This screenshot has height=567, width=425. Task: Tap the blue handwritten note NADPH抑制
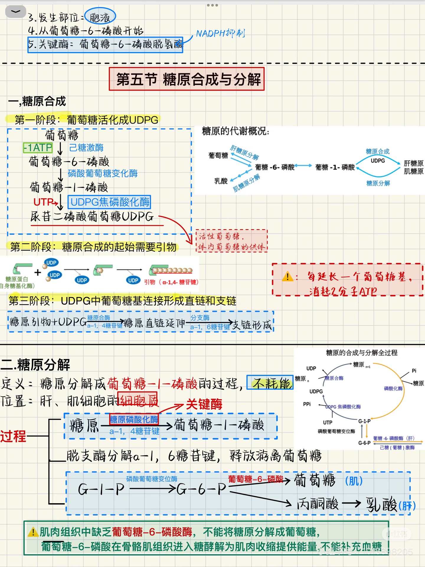click(x=220, y=33)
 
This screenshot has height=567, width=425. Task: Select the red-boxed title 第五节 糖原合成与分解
click(x=187, y=79)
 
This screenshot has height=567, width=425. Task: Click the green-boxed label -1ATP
click(x=38, y=148)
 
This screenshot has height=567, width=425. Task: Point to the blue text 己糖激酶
click(x=86, y=148)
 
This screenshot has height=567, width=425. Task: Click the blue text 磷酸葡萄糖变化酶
click(x=102, y=173)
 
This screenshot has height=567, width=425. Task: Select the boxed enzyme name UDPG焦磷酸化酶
click(x=109, y=202)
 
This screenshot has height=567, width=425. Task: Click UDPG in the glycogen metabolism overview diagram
click(x=377, y=161)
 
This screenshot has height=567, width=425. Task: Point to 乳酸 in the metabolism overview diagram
click(x=221, y=181)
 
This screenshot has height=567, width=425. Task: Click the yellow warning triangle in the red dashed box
click(x=287, y=277)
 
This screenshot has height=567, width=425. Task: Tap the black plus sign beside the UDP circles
click(x=37, y=272)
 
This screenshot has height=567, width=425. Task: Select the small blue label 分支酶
click(x=200, y=318)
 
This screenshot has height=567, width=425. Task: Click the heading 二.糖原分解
click(x=35, y=365)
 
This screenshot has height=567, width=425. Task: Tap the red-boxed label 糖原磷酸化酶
click(x=134, y=419)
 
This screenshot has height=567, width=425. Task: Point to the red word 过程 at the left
click(x=13, y=436)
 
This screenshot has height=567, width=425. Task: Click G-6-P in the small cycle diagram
click(x=364, y=443)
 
